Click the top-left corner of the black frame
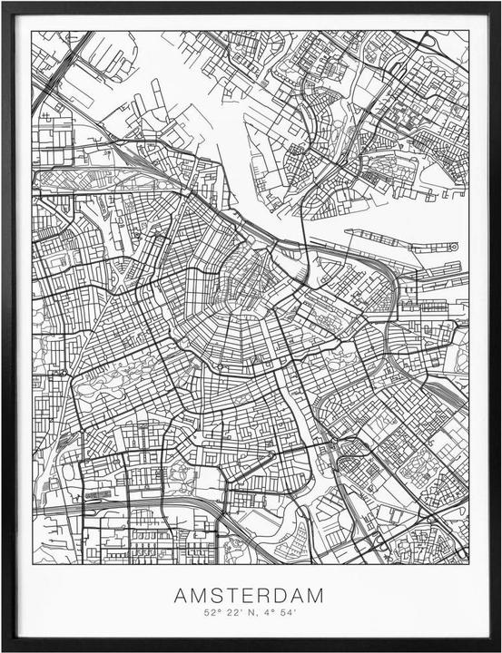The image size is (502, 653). point(3,3)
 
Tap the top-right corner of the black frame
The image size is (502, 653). point(498,3)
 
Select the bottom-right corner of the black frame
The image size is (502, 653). point(498,649)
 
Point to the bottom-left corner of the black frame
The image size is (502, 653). point(3,649)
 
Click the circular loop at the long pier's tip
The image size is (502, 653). point(458,247)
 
